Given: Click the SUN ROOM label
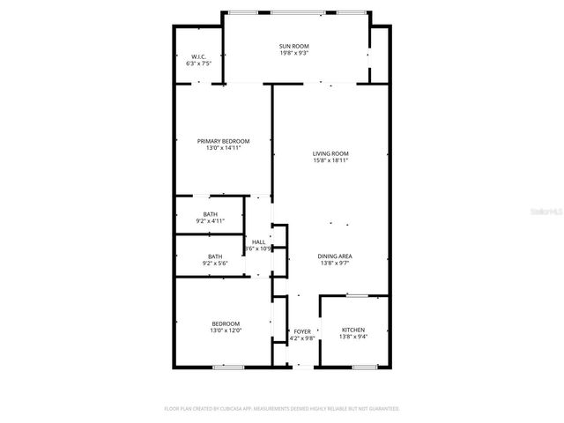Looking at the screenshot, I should pyautogui.click(x=294, y=46).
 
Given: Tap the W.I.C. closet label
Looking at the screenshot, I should pyautogui.click(x=197, y=57).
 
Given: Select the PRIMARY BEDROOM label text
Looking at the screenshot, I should pyautogui.click(x=223, y=141).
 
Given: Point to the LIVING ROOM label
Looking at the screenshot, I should pyautogui.click(x=330, y=153).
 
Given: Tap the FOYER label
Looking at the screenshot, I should pyautogui.click(x=302, y=331).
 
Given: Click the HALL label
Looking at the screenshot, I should pyautogui.click(x=258, y=242).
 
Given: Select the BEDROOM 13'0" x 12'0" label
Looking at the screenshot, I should pyautogui.click(x=226, y=323).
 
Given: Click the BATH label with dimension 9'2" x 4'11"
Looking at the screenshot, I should pyautogui.click(x=210, y=214).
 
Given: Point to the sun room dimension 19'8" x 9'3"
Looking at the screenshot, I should pyautogui.click(x=294, y=54).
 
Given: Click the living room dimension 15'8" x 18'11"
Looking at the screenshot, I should pyautogui.click(x=330, y=160).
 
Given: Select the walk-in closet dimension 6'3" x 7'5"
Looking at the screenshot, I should pyautogui.click(x=197, y=64).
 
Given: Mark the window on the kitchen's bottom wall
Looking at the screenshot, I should pyautogui.click(x=365, y=366).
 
